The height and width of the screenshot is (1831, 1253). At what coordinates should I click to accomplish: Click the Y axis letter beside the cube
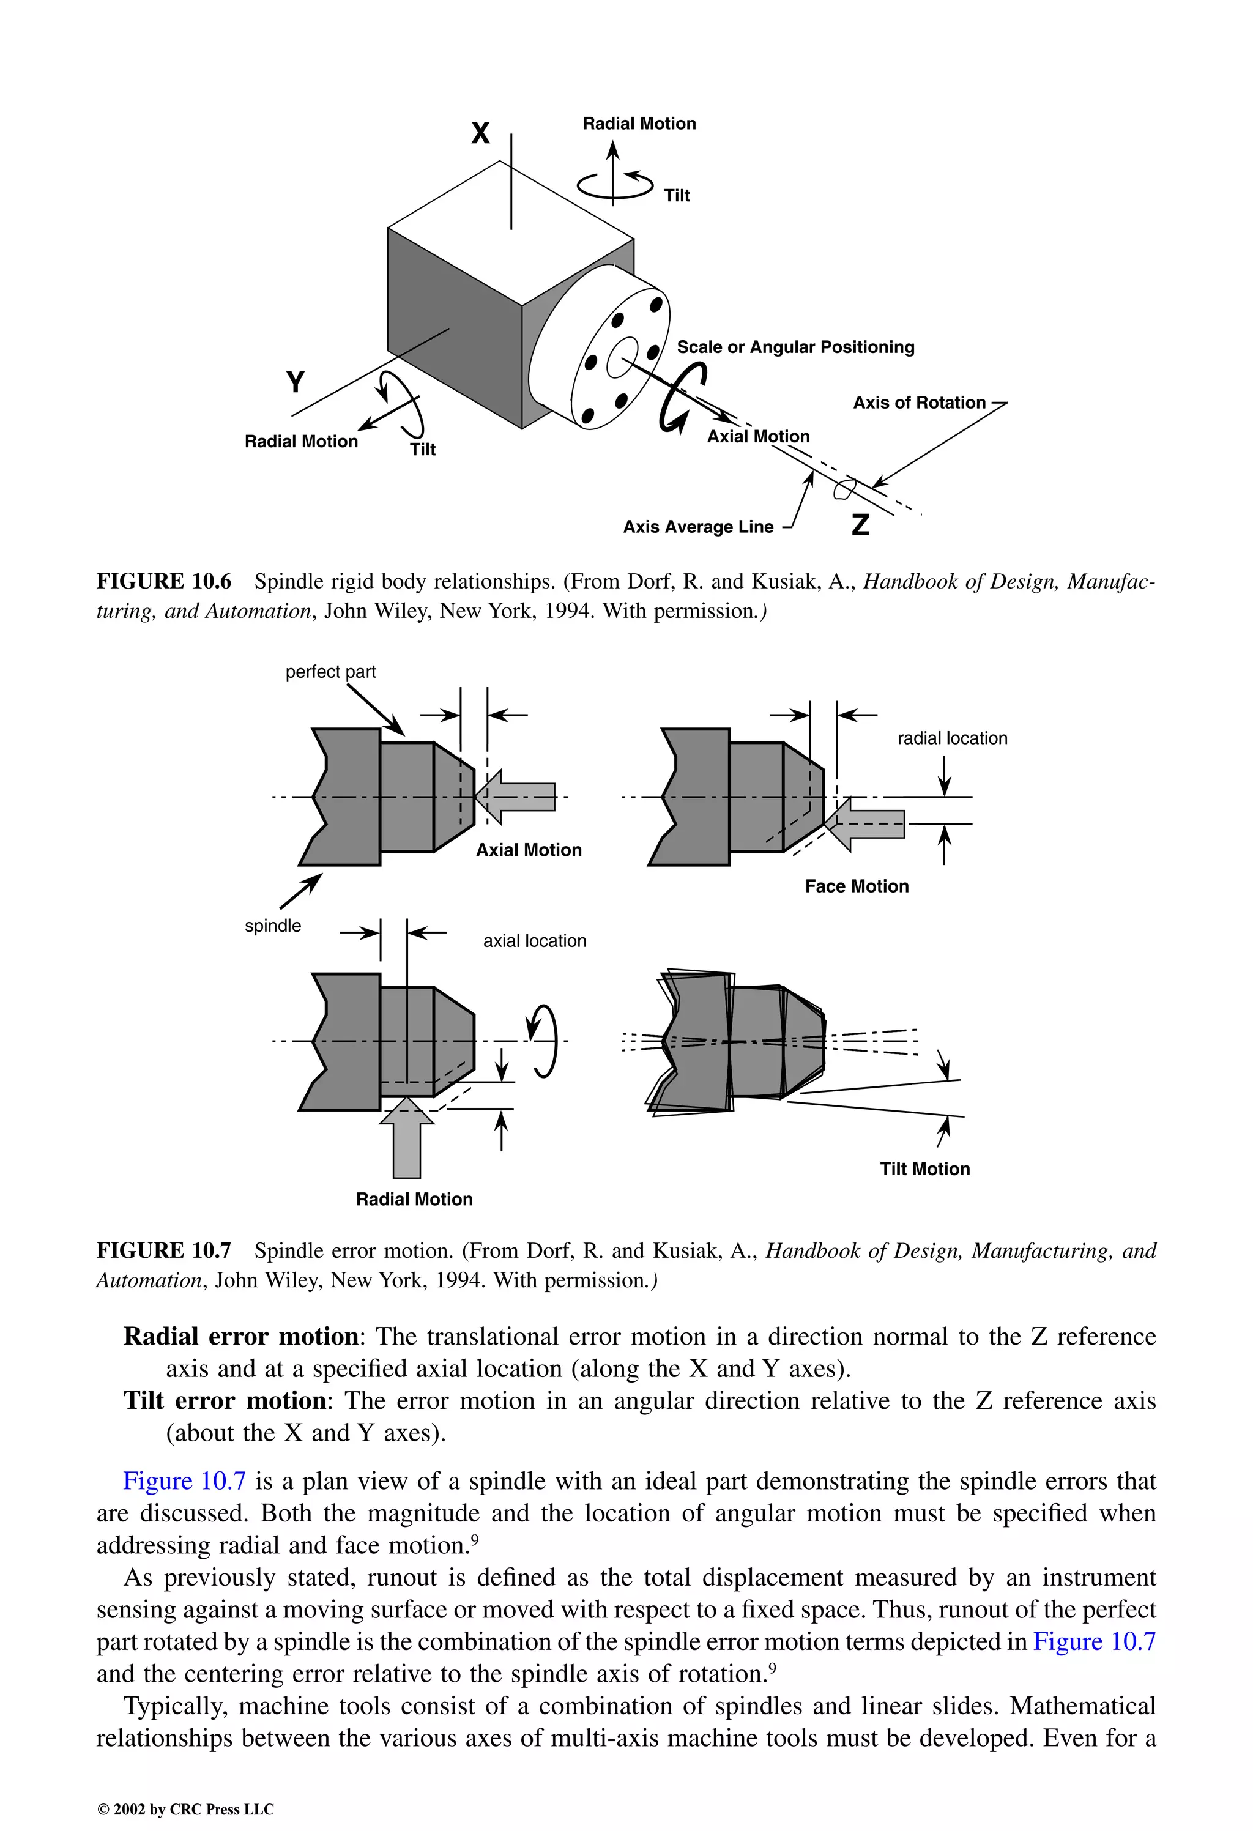point(296,382)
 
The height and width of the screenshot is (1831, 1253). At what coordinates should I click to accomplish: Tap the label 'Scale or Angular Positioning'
point(795,347)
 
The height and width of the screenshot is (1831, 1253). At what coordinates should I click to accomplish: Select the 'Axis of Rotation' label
point(919,403)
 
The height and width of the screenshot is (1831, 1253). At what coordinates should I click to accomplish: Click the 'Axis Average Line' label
point(698,527)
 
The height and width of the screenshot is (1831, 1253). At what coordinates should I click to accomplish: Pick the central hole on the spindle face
point(623,357)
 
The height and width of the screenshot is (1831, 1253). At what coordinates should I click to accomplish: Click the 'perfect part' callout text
point(330,672)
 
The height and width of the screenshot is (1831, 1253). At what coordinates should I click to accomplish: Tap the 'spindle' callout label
point(273,926)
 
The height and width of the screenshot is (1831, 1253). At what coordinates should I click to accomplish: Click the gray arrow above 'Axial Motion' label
point(516,797)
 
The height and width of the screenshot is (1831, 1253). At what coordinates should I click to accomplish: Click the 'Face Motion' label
point(857,886)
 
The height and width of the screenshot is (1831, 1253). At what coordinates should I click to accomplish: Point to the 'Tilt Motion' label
point(924,1169)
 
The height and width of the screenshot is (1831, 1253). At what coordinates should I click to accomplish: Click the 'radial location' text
point(952,739)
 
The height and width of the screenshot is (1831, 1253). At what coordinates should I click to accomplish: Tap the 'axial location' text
point(534,941)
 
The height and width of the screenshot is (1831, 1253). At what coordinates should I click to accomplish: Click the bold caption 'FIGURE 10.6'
point(164,581)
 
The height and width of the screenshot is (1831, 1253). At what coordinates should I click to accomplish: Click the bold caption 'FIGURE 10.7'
point(164,1251)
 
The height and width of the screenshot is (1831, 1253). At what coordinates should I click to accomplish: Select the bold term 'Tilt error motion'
point(225,1401)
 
